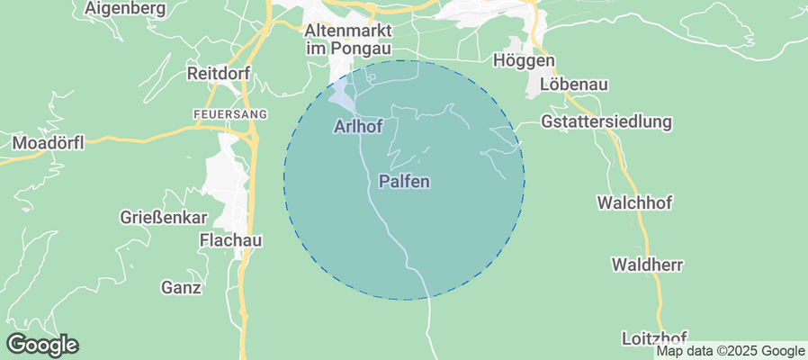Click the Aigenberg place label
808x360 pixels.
tap(125, 9)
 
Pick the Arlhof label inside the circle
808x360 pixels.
tap(357, 127)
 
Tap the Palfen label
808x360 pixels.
tap(404, 181)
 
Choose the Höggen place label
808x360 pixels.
tap(525, 60)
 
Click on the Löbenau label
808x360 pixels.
tap(574, 84)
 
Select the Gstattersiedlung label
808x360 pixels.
tap(607, 121)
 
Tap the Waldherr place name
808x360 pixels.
tap(647, 265)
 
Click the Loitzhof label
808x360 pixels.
tap(655, 338)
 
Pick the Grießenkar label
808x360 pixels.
tap(164, 218)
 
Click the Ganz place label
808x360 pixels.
tap(181, 288)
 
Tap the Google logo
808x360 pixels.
tap(42, 345)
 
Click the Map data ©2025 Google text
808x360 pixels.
tap(731, 351)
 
